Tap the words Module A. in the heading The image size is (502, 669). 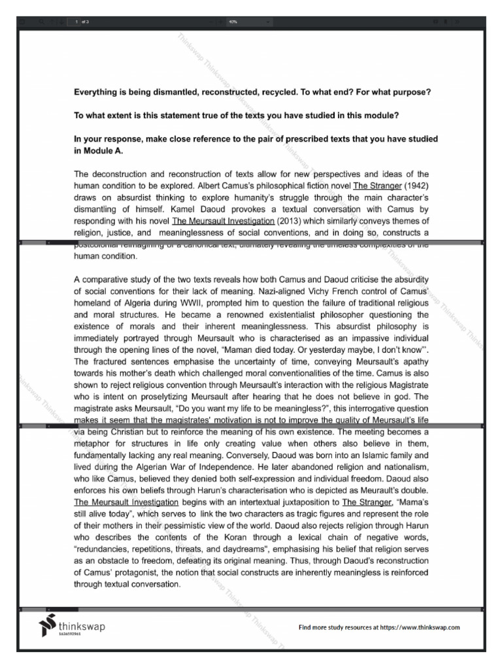coord(102,151)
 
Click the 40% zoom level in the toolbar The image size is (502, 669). coord(233,22)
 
